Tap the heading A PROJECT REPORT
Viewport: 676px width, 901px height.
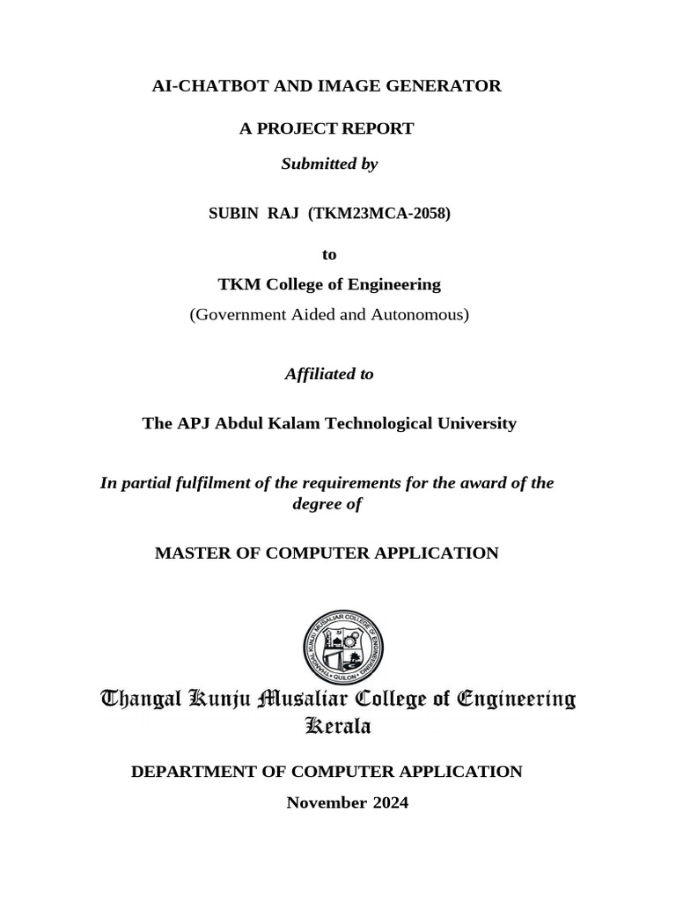coord(327,129)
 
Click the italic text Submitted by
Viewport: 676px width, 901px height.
coord(328,164)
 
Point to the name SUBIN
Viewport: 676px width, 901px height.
coord(231,213)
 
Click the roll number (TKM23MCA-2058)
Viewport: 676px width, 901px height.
coord(379,213)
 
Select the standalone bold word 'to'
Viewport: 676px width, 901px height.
coord(329,254)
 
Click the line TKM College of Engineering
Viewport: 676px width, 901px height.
coord(329,284)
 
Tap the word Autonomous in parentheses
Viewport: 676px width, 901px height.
coord(421,314)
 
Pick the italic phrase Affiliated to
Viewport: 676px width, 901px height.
coord(329,374)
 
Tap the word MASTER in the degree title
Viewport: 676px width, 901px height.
coord(191,553)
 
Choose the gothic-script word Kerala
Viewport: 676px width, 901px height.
coord(337,726)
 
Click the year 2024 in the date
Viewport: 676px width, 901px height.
coord(388,802)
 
